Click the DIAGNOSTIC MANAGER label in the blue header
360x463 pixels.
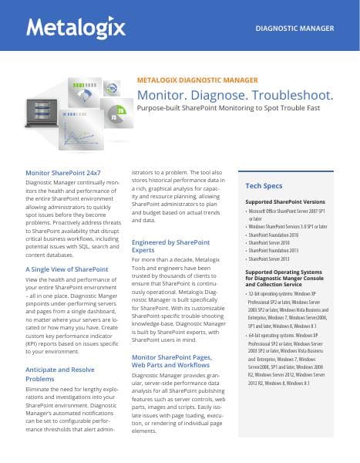tap(300, 29)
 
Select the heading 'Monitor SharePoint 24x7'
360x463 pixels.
tap(62, 173)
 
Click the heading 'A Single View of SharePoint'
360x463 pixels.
tap(67, 269)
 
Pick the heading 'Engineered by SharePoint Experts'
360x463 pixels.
tap(165, 246)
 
